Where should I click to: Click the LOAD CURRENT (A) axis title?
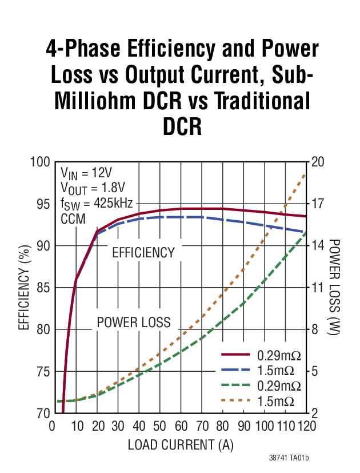tap(181, 444)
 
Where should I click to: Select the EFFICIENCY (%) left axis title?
tap(24, 288)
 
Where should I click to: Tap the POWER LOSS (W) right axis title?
tap(336, 288)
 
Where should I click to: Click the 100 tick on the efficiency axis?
tap(39, 162)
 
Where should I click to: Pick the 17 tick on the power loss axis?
tap(318, 204)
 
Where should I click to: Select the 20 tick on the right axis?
tap(318, 162)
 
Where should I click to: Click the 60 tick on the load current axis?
tap(180, 427)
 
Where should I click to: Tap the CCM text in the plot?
tap(72, 218)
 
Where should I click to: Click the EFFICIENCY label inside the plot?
tap(143, 252)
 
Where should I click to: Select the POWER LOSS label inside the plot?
tap(134, 322)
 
